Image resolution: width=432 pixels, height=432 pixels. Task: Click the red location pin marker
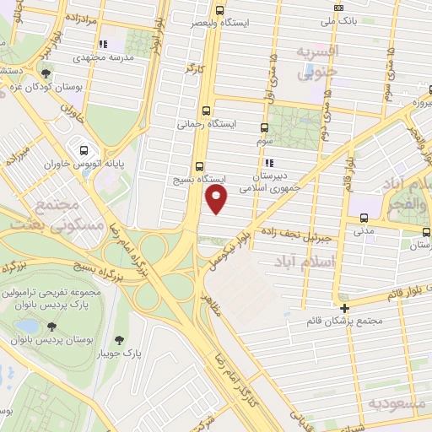coord(217,197)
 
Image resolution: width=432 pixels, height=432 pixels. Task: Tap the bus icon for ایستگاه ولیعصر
coord(220,11)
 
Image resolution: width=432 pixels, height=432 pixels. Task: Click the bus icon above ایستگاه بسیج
coord(199,166)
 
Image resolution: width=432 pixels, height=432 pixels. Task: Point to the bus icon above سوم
coord(264,128)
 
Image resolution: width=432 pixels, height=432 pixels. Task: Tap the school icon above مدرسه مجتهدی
coord(103,44)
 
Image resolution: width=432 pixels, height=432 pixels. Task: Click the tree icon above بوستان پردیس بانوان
coord(52,327)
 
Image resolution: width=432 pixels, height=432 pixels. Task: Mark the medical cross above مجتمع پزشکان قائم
coord(344,307)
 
